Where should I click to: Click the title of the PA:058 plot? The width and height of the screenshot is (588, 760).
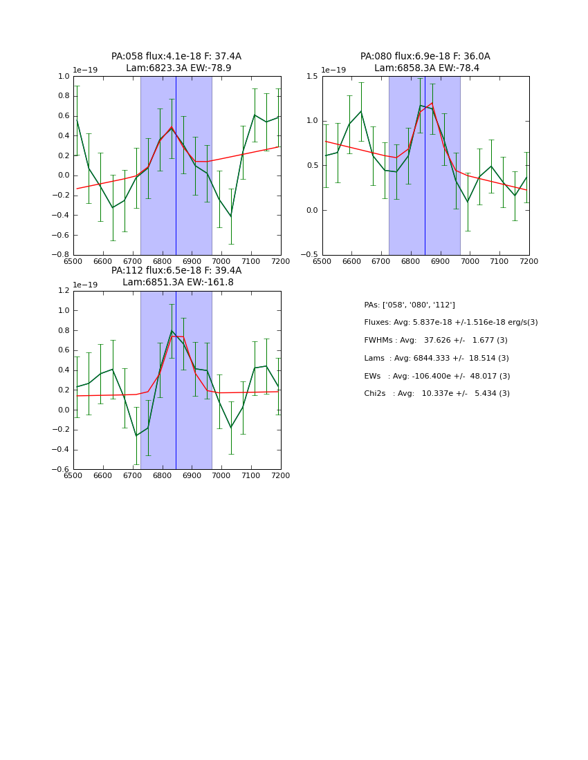click(176, 62)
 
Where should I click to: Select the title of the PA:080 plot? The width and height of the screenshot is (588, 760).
click(425, 62)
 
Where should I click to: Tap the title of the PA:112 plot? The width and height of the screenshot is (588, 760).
click(176, 276)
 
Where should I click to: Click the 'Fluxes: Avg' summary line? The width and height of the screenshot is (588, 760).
click(450, 323)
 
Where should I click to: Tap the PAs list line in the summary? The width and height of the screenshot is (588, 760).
click(410, 305)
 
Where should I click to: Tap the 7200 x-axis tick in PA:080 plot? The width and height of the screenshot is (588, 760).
click(529, 261)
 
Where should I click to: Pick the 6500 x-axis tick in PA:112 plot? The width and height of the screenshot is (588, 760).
click(73, 475)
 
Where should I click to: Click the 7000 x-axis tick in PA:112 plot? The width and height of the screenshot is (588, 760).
click(221, 475)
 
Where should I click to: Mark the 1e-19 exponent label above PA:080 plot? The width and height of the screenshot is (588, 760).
click(333, 70)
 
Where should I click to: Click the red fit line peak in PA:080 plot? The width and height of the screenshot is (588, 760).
click(432, 103)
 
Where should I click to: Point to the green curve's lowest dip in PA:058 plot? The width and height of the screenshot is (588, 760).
click(231, 216)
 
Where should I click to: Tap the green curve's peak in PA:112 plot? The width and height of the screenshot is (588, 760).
click(172, 331)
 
